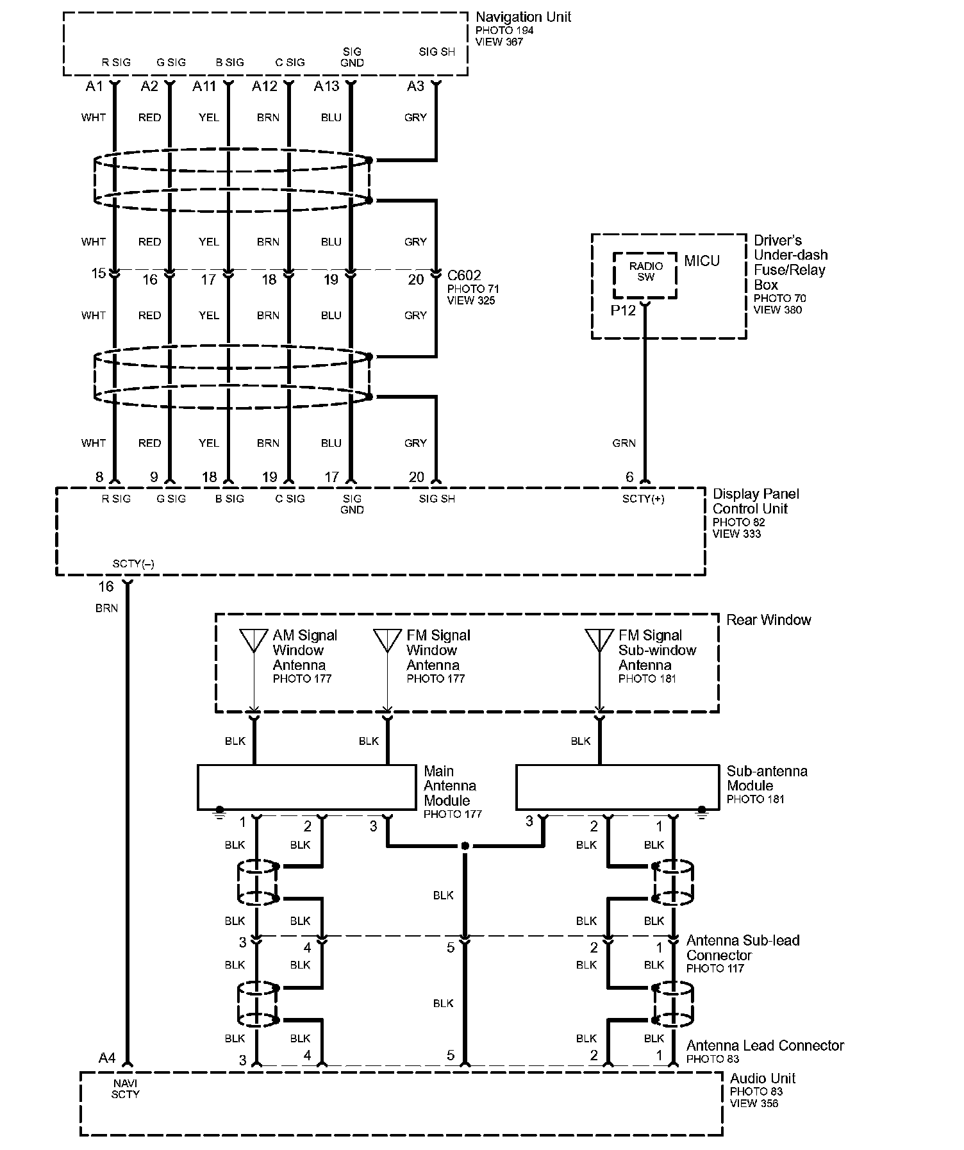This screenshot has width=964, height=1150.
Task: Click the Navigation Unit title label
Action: point(523,17)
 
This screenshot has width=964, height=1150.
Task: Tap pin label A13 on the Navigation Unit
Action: point(326,86)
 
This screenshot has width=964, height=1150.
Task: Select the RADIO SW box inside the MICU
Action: point(645,275)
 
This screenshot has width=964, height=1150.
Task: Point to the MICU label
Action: point(702,261)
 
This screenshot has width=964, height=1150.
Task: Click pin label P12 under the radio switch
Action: point(622,311)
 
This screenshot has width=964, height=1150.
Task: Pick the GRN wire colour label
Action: point(624,443)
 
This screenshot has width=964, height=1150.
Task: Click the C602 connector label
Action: point(464,276)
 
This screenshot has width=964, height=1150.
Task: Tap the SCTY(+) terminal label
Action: point(643,499)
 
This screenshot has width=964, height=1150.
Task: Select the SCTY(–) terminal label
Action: point(133,564)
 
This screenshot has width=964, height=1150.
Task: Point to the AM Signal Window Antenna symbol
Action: point(254,640)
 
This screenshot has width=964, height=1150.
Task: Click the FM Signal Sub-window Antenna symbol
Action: point(599,640)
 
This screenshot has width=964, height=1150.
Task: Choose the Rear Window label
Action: point(769,620)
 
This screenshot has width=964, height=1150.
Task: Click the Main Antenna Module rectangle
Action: point(306,787)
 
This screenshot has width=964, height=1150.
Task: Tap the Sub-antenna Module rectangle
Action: point(617,787)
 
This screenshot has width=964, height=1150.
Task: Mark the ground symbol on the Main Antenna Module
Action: point(220,812)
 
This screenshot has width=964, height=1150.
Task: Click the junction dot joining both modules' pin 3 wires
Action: point(465,846)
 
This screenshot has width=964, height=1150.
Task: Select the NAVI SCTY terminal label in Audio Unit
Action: point(125,1089)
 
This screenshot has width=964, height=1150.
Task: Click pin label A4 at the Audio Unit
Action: point(107,1058)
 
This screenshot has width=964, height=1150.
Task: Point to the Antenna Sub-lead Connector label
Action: point(742,947)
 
